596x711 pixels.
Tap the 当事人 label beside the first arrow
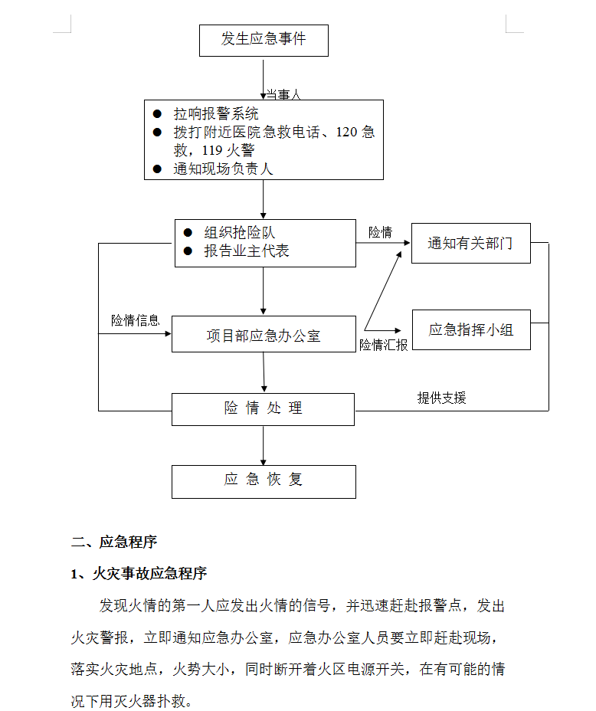283,94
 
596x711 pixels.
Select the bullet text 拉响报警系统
216,113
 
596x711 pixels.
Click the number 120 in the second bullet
347,132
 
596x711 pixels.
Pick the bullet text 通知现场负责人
223,169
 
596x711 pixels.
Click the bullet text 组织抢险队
239,232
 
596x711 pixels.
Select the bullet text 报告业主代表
247,251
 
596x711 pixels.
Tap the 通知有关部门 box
471,243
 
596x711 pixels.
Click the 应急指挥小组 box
471,330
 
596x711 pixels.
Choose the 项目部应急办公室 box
264,334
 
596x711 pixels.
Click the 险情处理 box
263,409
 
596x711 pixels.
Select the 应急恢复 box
264,482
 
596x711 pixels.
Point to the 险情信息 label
136,320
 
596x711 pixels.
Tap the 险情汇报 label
384,345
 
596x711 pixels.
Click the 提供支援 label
441,398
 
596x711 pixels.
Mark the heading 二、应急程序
114,542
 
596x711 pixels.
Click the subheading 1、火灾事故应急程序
139,574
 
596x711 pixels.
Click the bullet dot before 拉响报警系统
157,113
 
